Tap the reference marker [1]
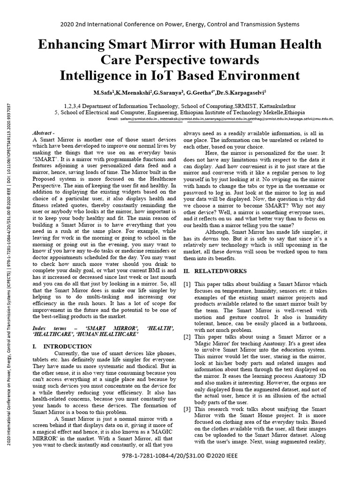[187, 285]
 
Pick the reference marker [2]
[187, 337]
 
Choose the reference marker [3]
[187, 409]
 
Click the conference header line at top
[180, 24]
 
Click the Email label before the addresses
[113, 119]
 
